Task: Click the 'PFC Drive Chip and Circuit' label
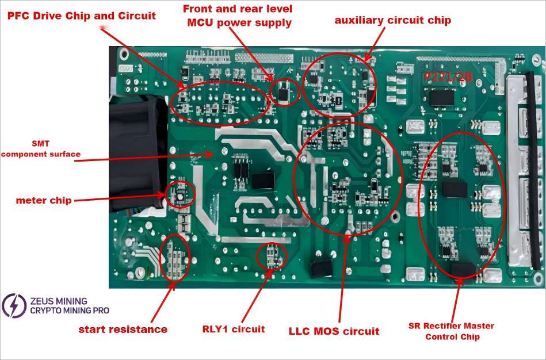point(81,16)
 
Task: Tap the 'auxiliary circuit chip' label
point(393,20)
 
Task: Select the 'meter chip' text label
point(44,201)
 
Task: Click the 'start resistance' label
point(123,330)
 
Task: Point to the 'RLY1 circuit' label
point(234,329)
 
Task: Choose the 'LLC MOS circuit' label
point(334,331)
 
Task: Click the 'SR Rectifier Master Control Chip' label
point(452,331)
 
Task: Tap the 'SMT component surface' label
point(41,148)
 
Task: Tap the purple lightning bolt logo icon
point(13,305)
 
